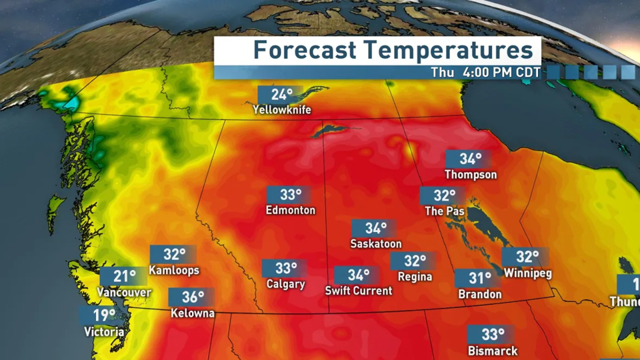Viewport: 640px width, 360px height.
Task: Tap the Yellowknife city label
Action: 282,110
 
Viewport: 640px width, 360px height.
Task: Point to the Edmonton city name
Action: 290,210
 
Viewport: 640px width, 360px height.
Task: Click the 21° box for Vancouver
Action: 124,277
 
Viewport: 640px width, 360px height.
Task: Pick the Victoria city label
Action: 104,331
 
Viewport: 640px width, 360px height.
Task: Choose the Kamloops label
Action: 173,271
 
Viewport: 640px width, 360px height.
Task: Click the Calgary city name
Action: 285,284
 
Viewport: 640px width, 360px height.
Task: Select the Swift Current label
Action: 359,291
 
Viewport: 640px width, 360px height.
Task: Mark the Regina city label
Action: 414,277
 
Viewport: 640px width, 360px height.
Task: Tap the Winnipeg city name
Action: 527,273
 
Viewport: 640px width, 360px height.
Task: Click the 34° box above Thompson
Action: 470,159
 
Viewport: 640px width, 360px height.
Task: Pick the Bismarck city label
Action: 493,350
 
